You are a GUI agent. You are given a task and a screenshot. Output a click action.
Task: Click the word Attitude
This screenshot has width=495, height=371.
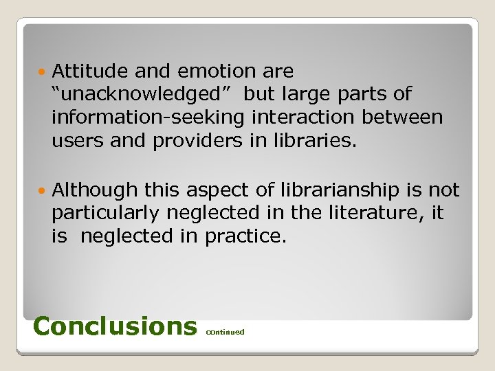(x=89, y=71)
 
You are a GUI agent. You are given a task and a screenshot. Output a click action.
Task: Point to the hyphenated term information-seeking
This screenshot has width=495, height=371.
(x=148, y=118)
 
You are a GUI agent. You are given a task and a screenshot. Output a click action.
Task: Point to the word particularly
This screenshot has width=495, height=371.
(x=108, y=214)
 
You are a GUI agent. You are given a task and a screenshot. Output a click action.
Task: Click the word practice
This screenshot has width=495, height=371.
(x=245, y=237)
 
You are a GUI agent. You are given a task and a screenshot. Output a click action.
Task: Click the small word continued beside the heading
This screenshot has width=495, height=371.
(x=225, y=332)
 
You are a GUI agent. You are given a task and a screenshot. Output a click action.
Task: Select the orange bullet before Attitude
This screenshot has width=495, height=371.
(x=44, y=71)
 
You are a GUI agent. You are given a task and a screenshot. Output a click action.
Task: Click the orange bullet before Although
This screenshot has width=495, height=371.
(x=44, y=190)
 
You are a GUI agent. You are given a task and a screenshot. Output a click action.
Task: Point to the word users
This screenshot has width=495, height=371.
(x=76, y=142)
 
